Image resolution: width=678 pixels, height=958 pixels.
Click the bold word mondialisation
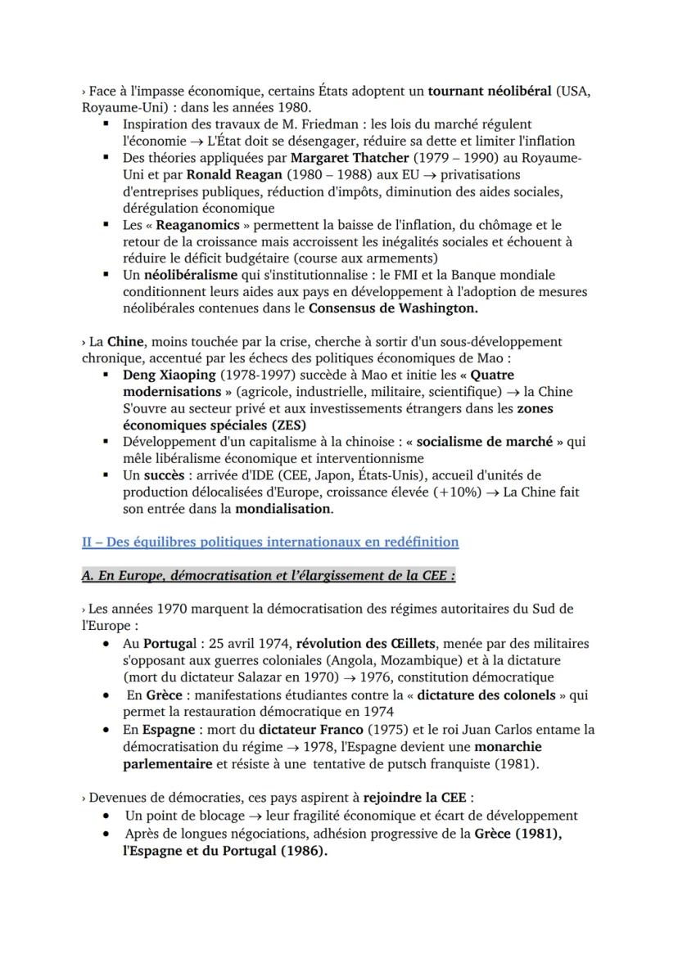[283, 508]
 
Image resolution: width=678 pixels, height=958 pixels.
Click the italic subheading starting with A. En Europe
[269, 575]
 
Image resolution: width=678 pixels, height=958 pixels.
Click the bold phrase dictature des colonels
[490, 695]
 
